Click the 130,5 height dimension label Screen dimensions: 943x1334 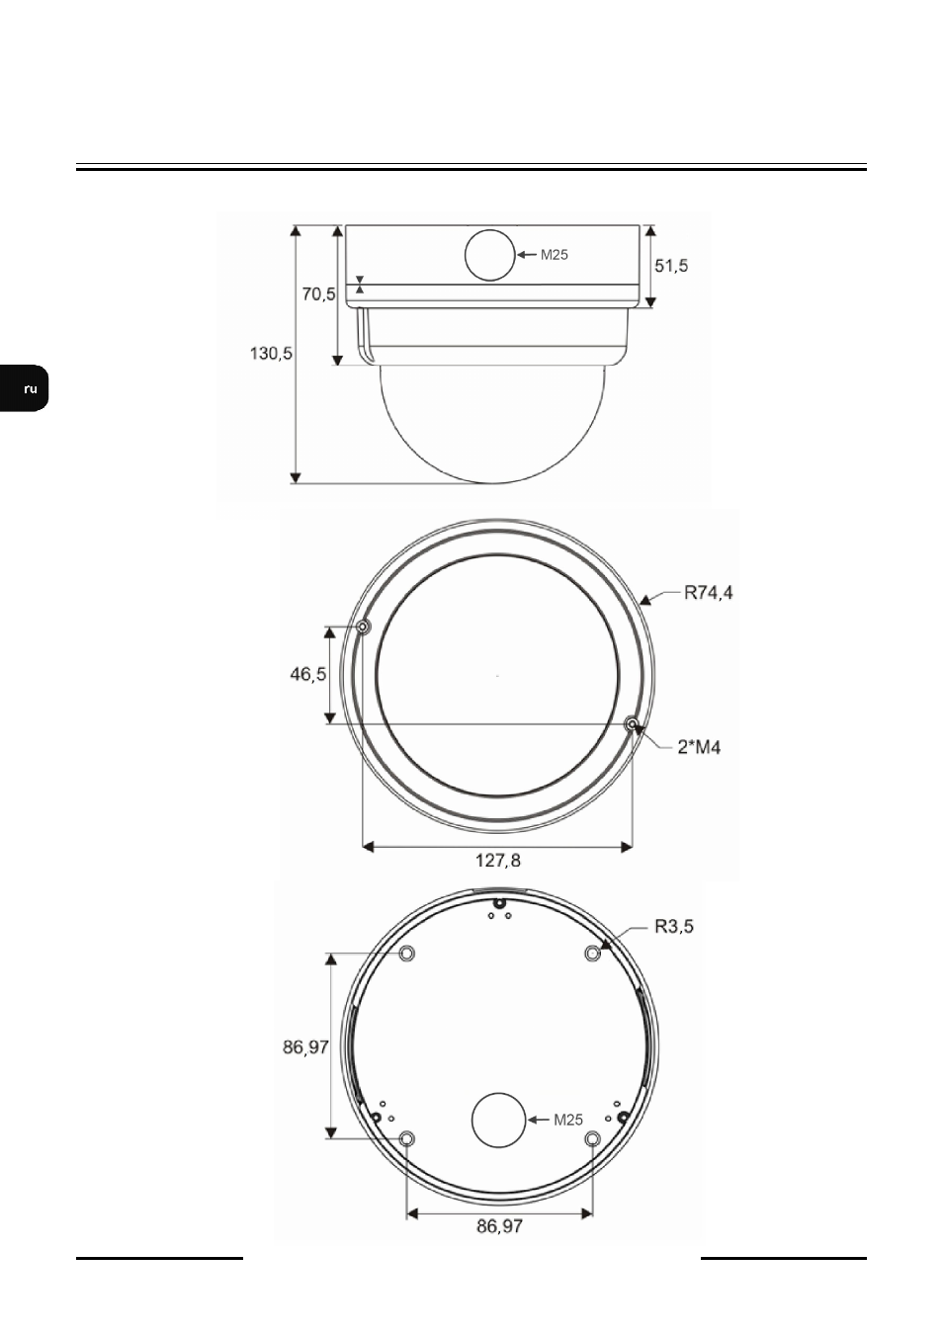pyautogui.click(x=271, y=354)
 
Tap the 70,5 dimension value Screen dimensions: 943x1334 pyautogui.click(x=318, y=294)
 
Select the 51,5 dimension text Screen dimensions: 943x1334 pyautogui.click(x=671, y=266)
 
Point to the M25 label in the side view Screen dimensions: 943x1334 pyautogui.click(x=554, y=255)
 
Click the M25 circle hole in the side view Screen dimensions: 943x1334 pyautogui.click(x=489, y=255)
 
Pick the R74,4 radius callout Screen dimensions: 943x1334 pyautogui.click(x=709, y=593)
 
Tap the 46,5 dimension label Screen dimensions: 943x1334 pyautogui.click(x=308, y=674)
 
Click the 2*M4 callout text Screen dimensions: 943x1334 pyautogui.click(x=699, y=747)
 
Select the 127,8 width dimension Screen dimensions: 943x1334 pyautogui.click(x=498, y=860)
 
